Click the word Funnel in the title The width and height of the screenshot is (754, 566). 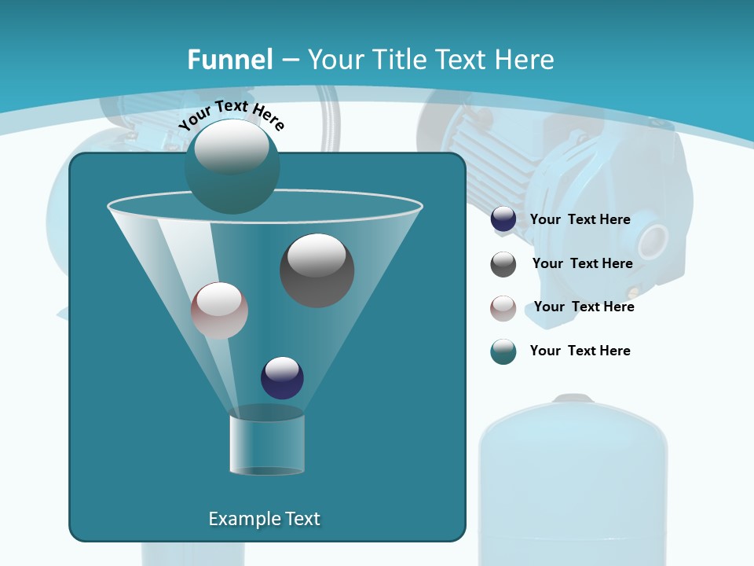[229, 60]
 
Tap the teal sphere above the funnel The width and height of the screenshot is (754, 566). [232, 166]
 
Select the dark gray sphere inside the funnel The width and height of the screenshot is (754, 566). [317, 270]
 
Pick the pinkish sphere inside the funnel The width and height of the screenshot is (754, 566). [219, 311]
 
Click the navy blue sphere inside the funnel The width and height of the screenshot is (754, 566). [282, 377]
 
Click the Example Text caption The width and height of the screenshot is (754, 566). [264, 519]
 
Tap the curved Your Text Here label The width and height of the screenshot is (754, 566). [231, 115]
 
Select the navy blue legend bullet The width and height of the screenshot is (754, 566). [503, 219]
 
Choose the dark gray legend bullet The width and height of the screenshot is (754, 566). [503, 264]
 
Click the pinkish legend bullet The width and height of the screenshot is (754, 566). [503, 308]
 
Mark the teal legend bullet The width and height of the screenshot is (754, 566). [503, 351]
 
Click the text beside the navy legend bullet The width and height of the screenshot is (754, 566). [580, 219]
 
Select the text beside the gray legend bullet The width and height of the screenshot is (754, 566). [582, 263]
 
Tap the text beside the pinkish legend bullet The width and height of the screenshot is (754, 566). [584, 307]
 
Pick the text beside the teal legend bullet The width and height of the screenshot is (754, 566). [580, 351]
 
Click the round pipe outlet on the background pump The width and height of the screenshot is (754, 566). [652, 241]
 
